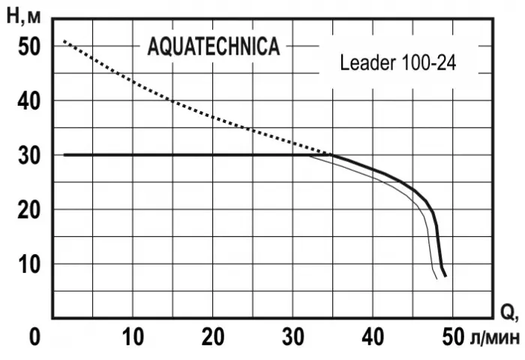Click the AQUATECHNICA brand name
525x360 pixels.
click(x=214, y=46)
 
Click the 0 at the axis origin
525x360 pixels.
click(x=34, y=338)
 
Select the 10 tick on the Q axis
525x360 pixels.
click(x=133, y=338)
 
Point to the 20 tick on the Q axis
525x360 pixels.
click(x=214, y=338)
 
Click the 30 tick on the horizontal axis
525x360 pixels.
click(x=296, y=338)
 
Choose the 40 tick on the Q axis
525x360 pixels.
click(x=377, y=338)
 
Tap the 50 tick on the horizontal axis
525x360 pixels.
click(x=451, y=338)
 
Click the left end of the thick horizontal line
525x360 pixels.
click(x=64, y=155)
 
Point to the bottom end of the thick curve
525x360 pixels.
click(x=445, y=276)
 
